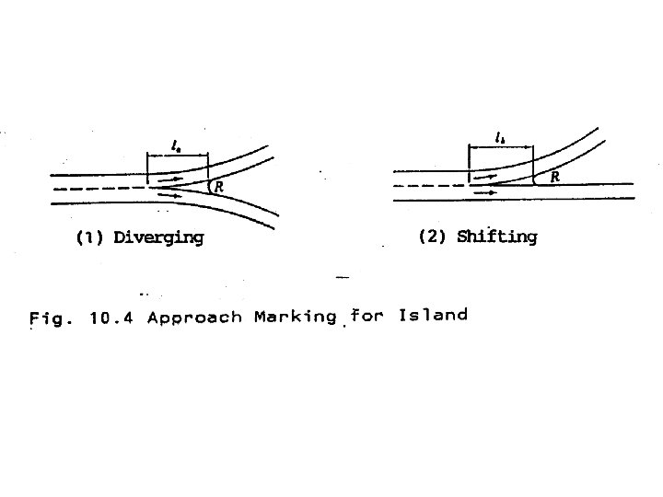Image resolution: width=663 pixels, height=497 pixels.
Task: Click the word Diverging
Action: point(157,237)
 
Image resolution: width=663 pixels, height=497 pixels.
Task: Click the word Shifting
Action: point(496,237)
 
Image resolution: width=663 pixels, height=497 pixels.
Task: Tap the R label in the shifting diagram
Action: point(554,178)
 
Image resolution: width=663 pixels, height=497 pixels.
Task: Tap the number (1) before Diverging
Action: point(89,237)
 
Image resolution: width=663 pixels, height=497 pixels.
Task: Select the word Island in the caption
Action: point(433,316)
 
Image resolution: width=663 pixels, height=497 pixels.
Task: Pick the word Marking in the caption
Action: point(294,318)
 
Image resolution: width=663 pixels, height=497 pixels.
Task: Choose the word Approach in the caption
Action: point(193,318)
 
